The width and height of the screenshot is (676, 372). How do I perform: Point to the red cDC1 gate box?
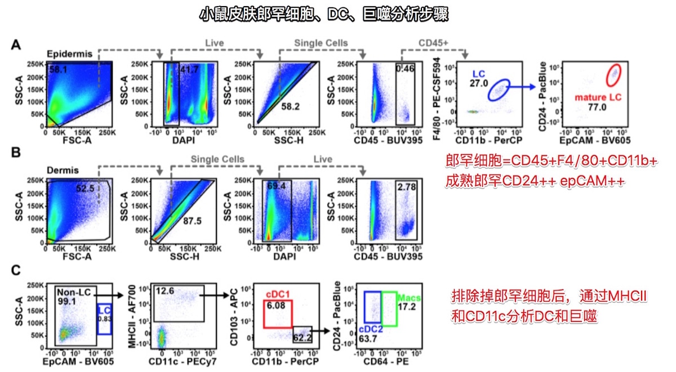click(278, 313)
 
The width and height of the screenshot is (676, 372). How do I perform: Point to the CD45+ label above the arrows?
click(434, 43)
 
